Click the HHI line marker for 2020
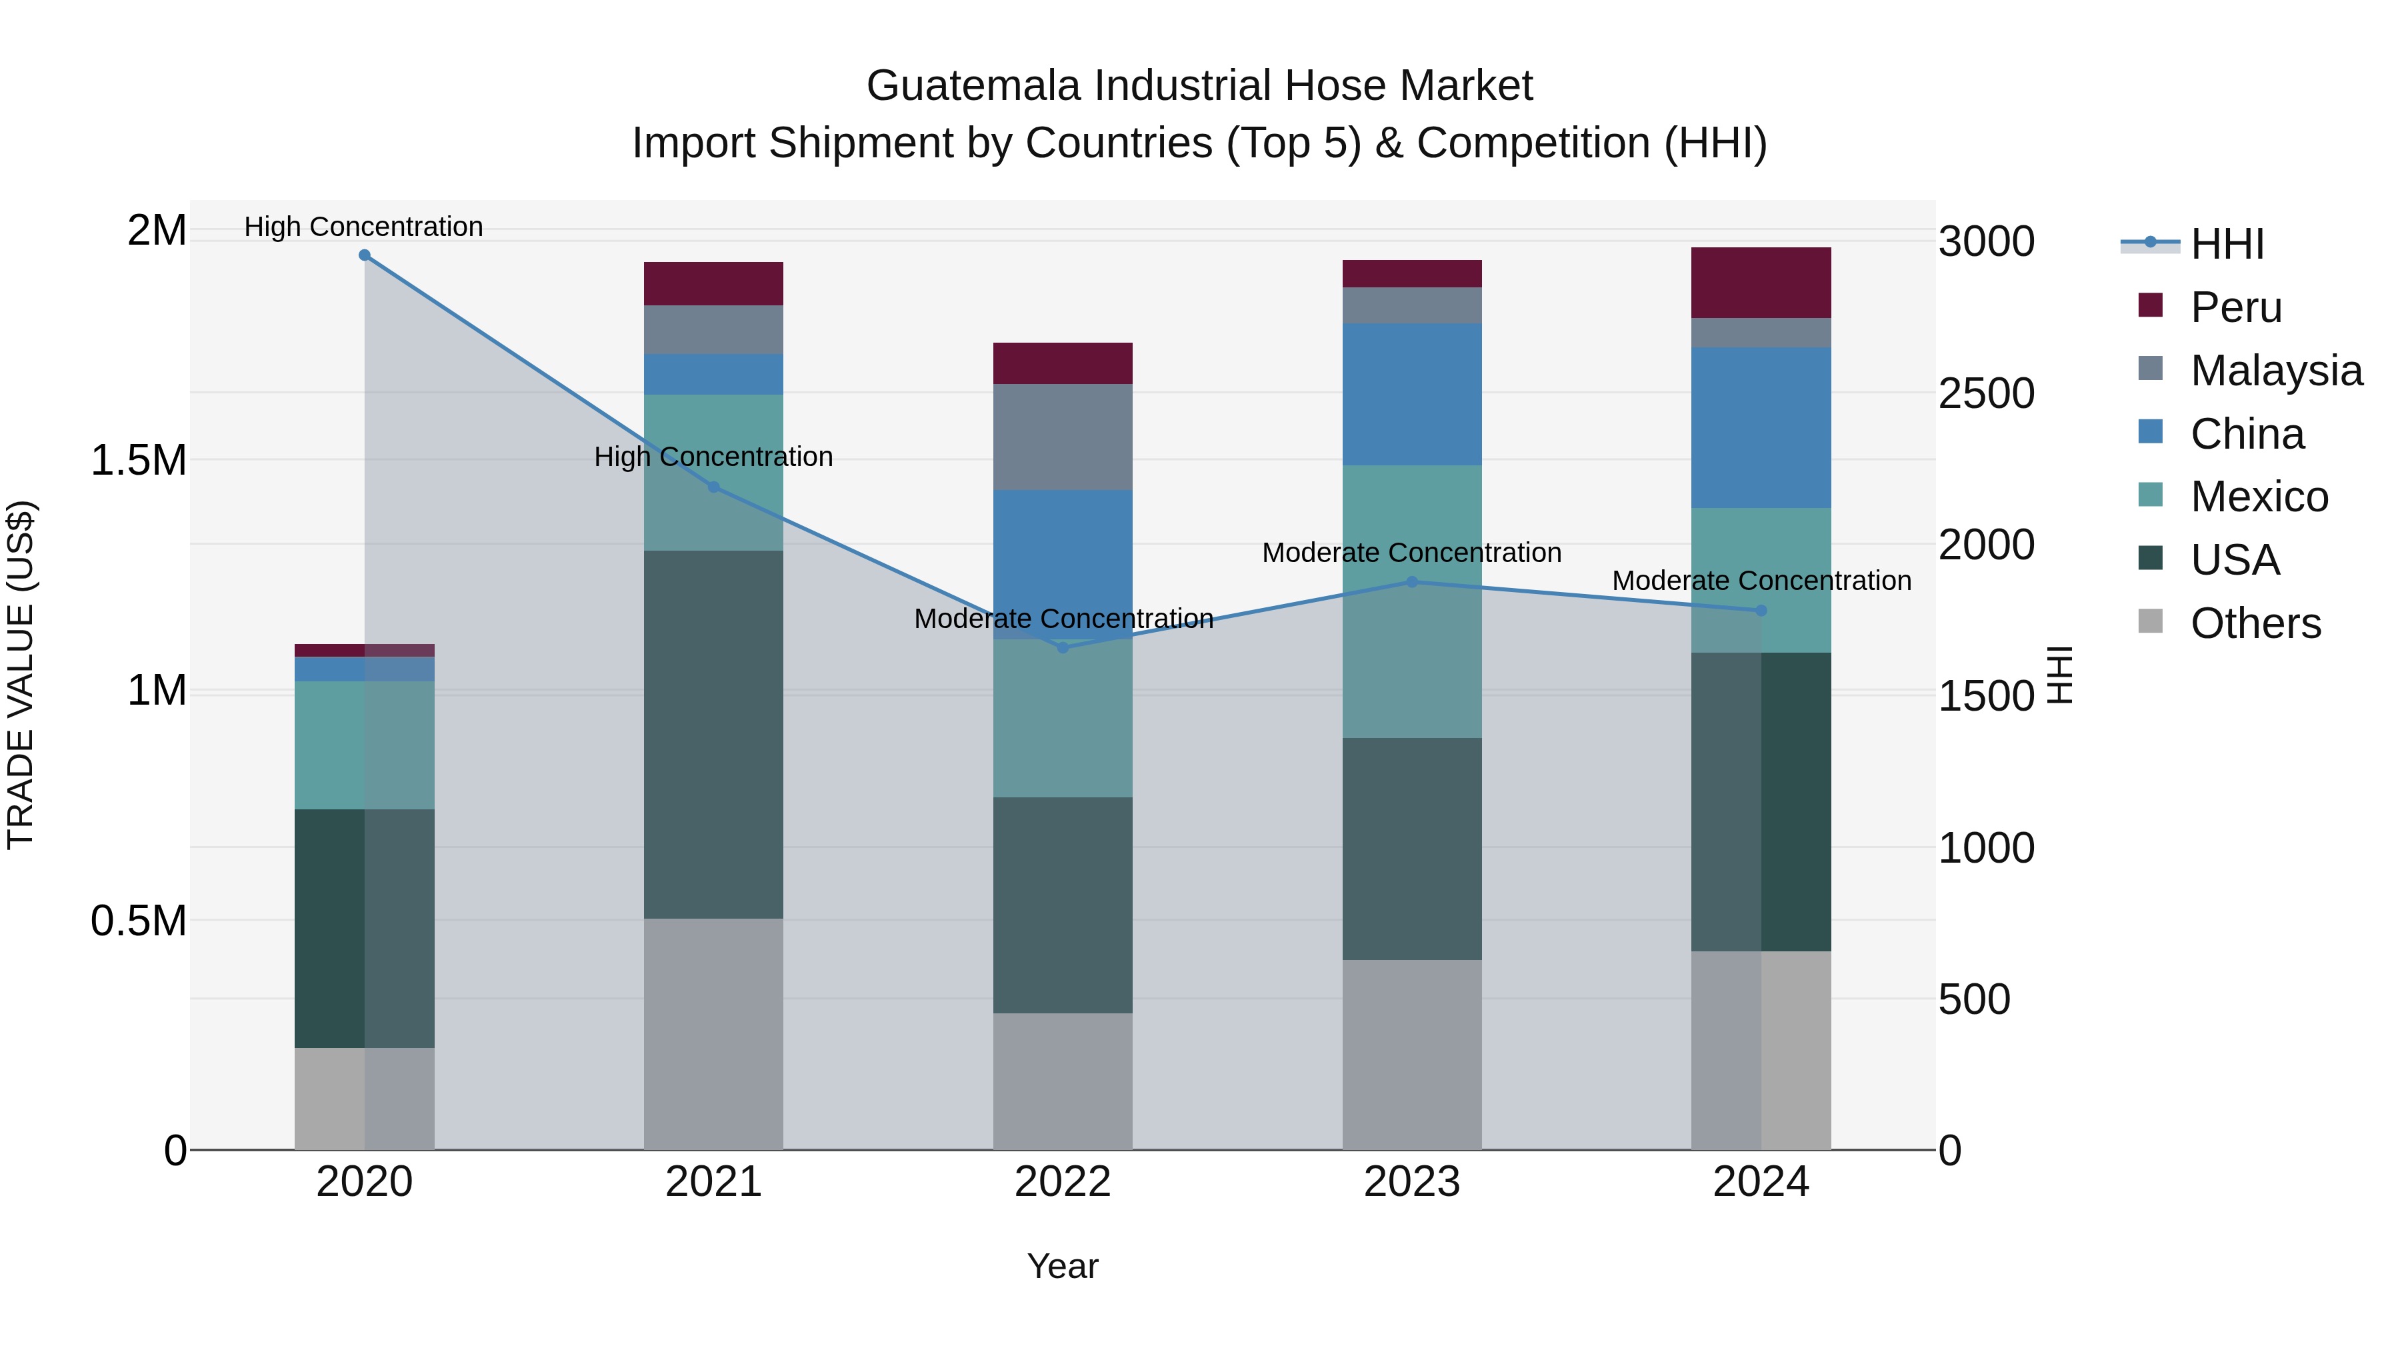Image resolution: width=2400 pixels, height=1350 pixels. pos(364,255)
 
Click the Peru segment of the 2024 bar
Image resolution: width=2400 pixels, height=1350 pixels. pos(1761,283)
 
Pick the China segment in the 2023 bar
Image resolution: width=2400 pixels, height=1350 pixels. pos(1411,394)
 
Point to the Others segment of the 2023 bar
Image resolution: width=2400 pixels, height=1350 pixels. pos(1411,1055)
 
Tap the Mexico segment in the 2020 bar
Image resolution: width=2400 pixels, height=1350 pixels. pos(364,745)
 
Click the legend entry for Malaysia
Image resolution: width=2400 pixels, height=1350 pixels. pos(2275,371)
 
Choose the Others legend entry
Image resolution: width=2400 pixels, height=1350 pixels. pos(2255,623)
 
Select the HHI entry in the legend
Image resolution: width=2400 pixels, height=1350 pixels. pos(2227,244)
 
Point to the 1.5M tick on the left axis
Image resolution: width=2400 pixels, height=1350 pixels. pos(138,460)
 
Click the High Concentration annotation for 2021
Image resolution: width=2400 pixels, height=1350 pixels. pos(713,457)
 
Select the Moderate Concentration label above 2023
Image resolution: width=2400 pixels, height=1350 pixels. pos(1411,553)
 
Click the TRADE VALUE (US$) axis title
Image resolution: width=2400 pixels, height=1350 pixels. pos(21,675)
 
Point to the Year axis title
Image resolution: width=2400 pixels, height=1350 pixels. pos(1062,1266)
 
